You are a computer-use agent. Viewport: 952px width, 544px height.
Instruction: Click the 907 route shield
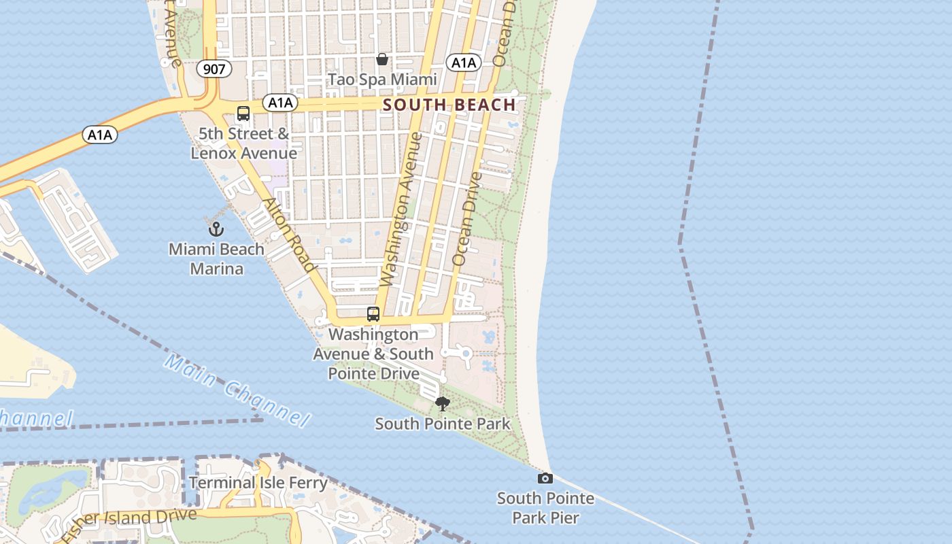coord(214,69)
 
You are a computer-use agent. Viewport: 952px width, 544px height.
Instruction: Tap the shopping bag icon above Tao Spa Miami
coord(382,59)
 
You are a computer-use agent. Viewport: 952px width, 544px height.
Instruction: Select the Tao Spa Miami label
coord(382,80)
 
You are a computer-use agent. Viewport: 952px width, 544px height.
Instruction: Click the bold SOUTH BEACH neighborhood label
coord(449,105)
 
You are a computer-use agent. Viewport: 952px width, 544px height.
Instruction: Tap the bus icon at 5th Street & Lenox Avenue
coord(243,114)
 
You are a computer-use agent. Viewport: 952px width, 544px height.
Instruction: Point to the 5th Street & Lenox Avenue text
coord(243,143)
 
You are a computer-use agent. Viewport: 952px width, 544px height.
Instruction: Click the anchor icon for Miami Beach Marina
coord(216,228)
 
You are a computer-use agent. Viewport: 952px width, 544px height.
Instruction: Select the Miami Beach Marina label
coord(216,259)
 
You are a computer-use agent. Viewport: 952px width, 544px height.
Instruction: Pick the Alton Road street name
coord(289,235)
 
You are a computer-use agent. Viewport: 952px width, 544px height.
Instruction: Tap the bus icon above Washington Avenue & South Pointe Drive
coord(373,314)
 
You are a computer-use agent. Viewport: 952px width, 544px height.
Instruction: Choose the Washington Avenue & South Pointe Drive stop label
coord(373,354)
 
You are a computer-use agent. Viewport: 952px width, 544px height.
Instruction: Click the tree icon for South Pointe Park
coord(443,404)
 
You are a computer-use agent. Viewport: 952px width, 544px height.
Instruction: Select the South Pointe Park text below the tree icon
coord(443,424)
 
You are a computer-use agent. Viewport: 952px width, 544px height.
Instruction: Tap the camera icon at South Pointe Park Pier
coord(545,478)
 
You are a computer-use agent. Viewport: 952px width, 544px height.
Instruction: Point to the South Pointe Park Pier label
coord(545,508)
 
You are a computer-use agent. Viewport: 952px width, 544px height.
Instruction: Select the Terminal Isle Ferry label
coord(258,483)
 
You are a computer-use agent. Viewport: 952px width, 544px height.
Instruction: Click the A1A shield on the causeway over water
coord(100,135)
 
